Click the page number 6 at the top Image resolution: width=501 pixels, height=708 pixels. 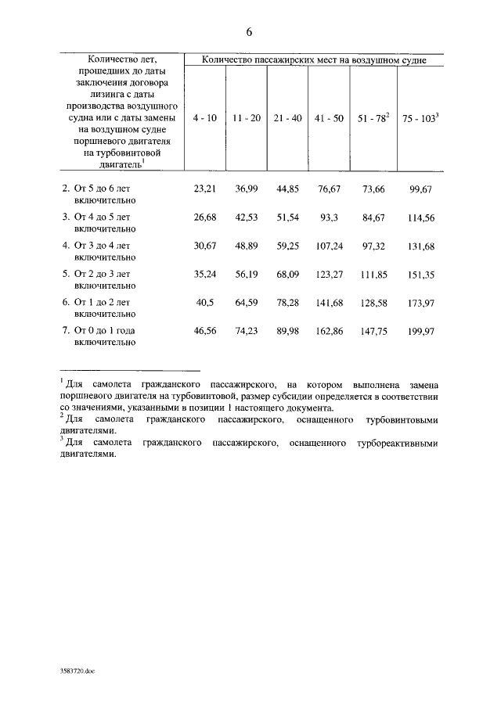(249, 32)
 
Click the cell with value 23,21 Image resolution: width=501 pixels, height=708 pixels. (204, 189)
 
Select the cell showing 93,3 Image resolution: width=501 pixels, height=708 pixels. (329, 217)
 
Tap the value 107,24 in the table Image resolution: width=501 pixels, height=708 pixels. (329, 245)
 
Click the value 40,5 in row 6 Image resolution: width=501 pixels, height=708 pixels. (204, 302)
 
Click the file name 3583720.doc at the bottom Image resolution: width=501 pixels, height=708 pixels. (77, 671)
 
